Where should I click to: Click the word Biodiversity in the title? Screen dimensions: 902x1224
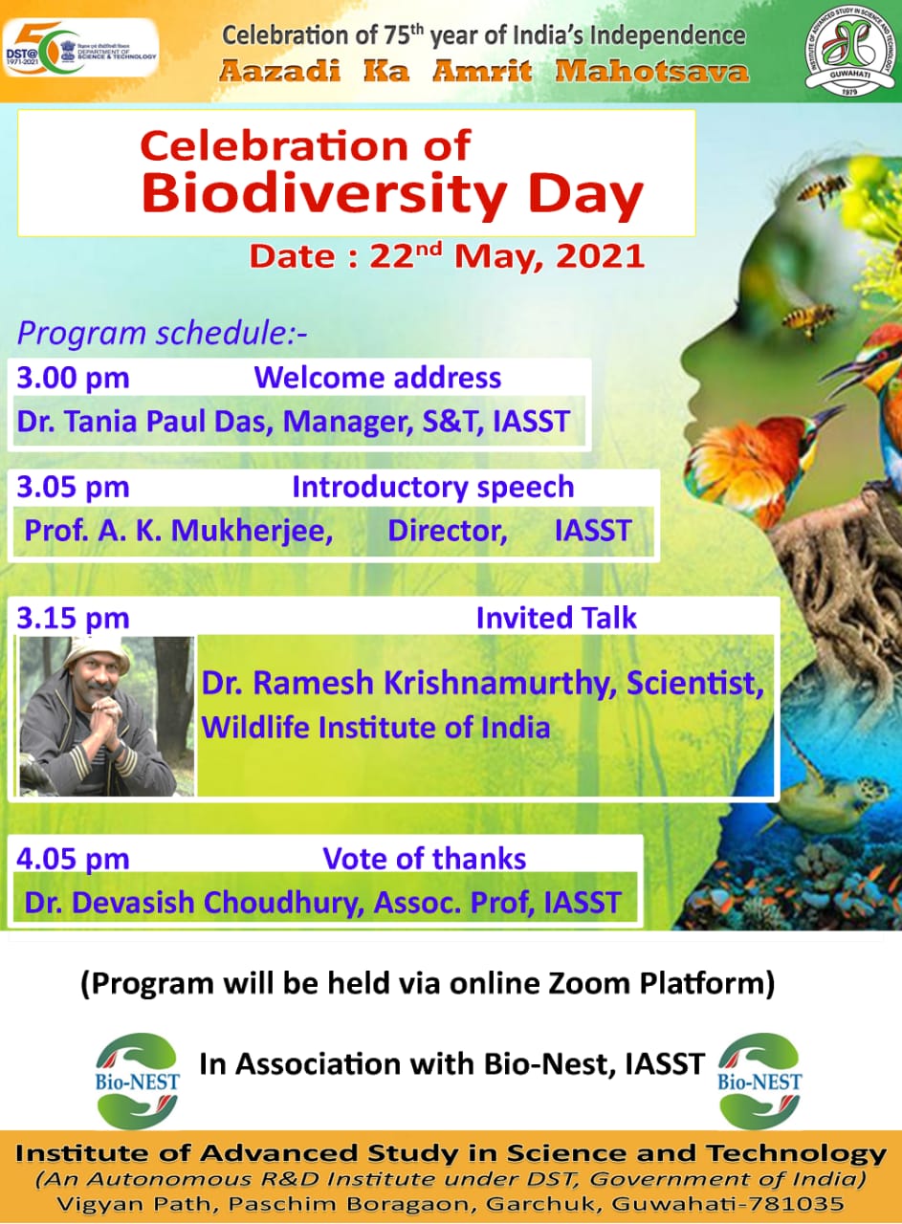[324, 194]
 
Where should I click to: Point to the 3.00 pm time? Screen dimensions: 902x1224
[73, 378]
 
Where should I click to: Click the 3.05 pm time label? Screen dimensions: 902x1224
[73, 487]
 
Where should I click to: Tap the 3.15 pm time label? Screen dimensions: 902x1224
[73, 618]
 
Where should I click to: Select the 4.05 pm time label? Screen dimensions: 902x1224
[73, 859]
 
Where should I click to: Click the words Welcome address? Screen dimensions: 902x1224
[377, 378]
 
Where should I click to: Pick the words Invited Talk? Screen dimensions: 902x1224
[557, 618]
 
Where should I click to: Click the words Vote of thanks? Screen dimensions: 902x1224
[424, 859]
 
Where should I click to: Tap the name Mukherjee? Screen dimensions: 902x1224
[252, 531]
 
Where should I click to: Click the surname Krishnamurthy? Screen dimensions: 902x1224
[495, 684]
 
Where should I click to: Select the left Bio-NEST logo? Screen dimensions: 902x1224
[137, 1081]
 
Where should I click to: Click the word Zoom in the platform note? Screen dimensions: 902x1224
[589, 985]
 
